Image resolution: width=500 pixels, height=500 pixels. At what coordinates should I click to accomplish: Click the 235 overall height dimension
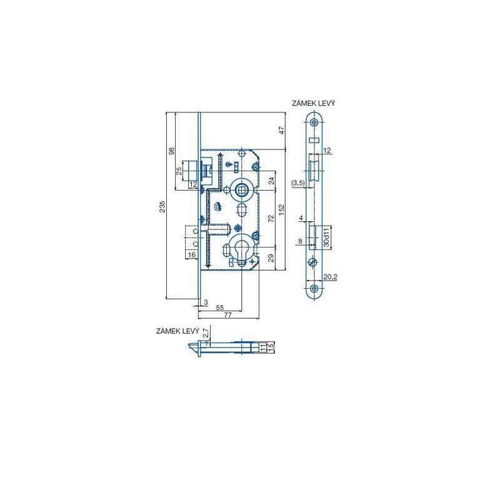tap(162, 206)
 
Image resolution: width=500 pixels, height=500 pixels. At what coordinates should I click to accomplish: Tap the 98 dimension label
tap(172, 151)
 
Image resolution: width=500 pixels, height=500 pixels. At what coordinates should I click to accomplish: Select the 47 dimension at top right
tap(281, 130)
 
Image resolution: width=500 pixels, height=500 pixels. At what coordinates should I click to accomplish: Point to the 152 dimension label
tap(281, 209)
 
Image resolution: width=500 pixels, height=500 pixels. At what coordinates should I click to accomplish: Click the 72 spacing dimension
tap(271, 218)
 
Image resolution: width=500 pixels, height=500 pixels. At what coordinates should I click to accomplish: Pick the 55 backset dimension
tap(220, 307)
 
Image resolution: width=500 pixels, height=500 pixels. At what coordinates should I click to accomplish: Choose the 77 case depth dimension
tap(227, 315)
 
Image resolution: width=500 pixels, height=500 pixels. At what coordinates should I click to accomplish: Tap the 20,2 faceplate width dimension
tap(330, 277)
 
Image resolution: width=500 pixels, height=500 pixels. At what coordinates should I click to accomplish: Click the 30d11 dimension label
tap(326, 237)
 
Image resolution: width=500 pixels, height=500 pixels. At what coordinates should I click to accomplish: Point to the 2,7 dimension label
tap(206, 333)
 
